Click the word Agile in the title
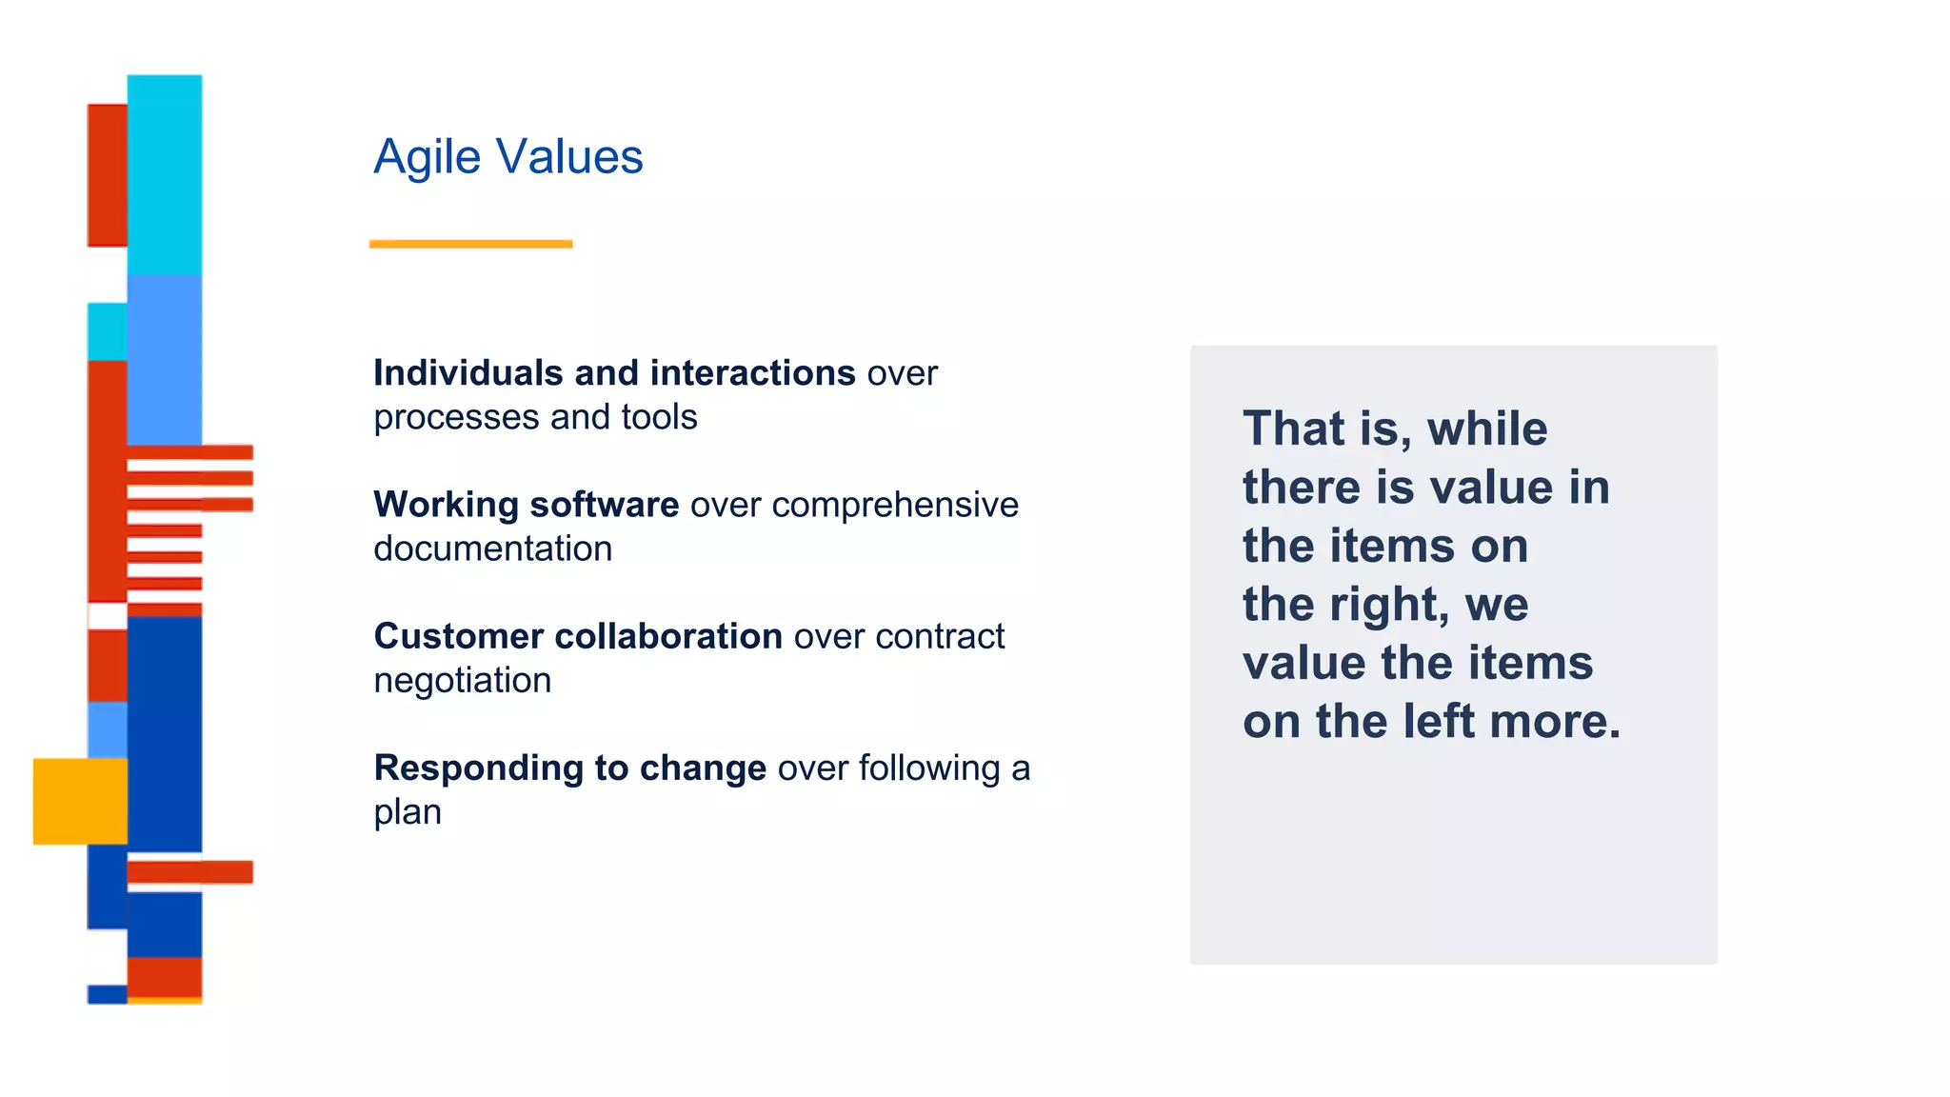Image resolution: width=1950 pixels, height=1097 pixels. (x=427, y=158)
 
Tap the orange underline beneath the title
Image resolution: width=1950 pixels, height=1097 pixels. (x=470, y=244)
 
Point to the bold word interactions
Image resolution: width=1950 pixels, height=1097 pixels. (x=753, y=373)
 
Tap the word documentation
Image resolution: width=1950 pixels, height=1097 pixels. (x=492, y=548)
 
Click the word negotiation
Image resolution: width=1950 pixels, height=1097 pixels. (x=462, y=681)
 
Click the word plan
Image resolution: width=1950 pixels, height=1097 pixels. (x=407, y=813)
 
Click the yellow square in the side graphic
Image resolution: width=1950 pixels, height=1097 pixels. (x=80, y=801)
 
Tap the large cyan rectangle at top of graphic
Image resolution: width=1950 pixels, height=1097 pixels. (x=165, y=175)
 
